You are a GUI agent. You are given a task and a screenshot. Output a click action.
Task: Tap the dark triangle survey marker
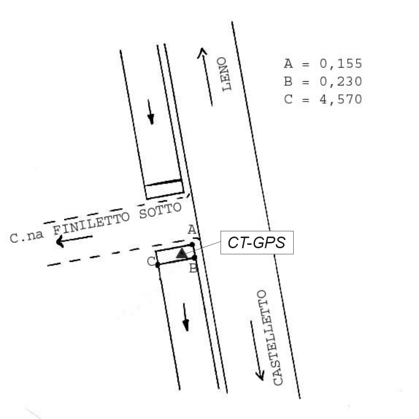click(x=181, y=253)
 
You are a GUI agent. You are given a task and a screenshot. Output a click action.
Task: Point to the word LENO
click(x=224, y=74)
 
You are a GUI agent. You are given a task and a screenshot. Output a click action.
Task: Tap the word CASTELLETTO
click(x=269, y=338)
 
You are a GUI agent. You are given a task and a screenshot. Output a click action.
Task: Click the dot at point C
click(x=158, y=265)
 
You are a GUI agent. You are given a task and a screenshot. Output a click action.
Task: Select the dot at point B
click(x=194, y=258)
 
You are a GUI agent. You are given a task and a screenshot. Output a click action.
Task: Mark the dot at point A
click(x=192, y=245)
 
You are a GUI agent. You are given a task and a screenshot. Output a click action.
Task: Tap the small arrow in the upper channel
click(x=151, y=116)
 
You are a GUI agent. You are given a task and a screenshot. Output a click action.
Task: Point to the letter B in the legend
click(x=287, y=81)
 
